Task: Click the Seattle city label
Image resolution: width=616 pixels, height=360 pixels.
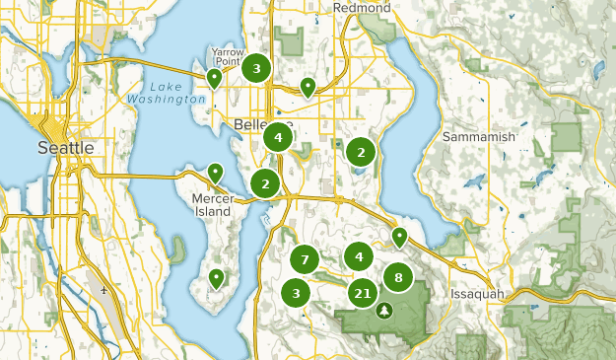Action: coord(65,147)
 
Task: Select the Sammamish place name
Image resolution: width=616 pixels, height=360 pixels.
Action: coord(479,136)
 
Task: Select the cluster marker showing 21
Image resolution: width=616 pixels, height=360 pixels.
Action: coord(362,293)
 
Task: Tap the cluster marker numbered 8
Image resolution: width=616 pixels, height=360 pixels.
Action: coord(398,278)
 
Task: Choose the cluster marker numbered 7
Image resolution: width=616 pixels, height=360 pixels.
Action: coord(306,260)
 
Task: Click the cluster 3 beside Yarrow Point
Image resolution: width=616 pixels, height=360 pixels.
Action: coord(257,68)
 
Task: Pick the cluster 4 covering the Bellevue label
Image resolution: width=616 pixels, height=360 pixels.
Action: coord(279,138)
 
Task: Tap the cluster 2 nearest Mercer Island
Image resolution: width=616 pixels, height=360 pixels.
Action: coord(265,182)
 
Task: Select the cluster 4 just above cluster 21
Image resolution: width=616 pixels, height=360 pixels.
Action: coord(359,257)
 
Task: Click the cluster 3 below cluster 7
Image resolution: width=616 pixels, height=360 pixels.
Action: coord(296,293)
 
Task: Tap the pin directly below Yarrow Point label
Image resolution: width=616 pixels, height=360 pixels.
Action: coord(214,78)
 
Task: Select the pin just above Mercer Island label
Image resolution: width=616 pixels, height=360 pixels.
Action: coord(214,174)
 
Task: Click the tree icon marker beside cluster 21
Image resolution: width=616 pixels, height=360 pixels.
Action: coord(384,310)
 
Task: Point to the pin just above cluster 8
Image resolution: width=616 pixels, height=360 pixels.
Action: coord(399,237)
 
